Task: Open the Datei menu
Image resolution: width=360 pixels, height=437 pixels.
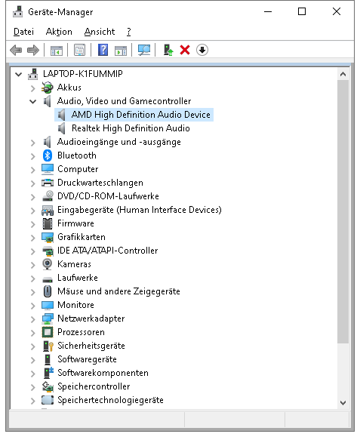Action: [x=23, y=32]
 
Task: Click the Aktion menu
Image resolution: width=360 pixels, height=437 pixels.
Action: [x=59, y=32]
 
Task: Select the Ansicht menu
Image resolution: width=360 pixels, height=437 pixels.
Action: [x=100, y=32]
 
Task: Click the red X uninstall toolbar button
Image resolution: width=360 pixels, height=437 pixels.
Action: [x=185, y=50]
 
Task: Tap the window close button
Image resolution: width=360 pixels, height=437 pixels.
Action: [x=337, y=11]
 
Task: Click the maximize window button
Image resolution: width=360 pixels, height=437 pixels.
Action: [x=302, y=11]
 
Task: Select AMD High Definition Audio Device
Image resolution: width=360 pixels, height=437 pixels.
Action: [x=140, y=115]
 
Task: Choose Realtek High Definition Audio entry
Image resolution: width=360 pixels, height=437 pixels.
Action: [x=131, y=128]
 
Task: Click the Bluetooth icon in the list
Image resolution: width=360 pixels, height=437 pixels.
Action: [x=48, y=155]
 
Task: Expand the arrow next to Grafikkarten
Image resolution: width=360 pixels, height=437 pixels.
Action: [x=33, y=238]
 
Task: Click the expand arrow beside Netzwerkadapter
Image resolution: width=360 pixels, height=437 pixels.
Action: [x=33, y=319]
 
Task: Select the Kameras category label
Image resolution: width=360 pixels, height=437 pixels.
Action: [x=74, y=264]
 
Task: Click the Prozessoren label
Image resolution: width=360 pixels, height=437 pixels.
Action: [x=81, y=332]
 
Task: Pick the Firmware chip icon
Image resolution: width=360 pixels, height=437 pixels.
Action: [x=48, y=223]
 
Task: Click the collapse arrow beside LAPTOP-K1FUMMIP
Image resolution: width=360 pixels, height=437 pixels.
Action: [x=18, y=74]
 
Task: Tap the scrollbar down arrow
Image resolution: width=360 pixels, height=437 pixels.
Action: [x=343, y=403]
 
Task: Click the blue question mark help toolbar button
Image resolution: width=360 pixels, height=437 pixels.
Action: [x=103, y=50]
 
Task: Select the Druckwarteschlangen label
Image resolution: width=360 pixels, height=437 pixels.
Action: [x=100, y=183]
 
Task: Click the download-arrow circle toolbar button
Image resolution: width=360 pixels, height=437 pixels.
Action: [x=202, y=50]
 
